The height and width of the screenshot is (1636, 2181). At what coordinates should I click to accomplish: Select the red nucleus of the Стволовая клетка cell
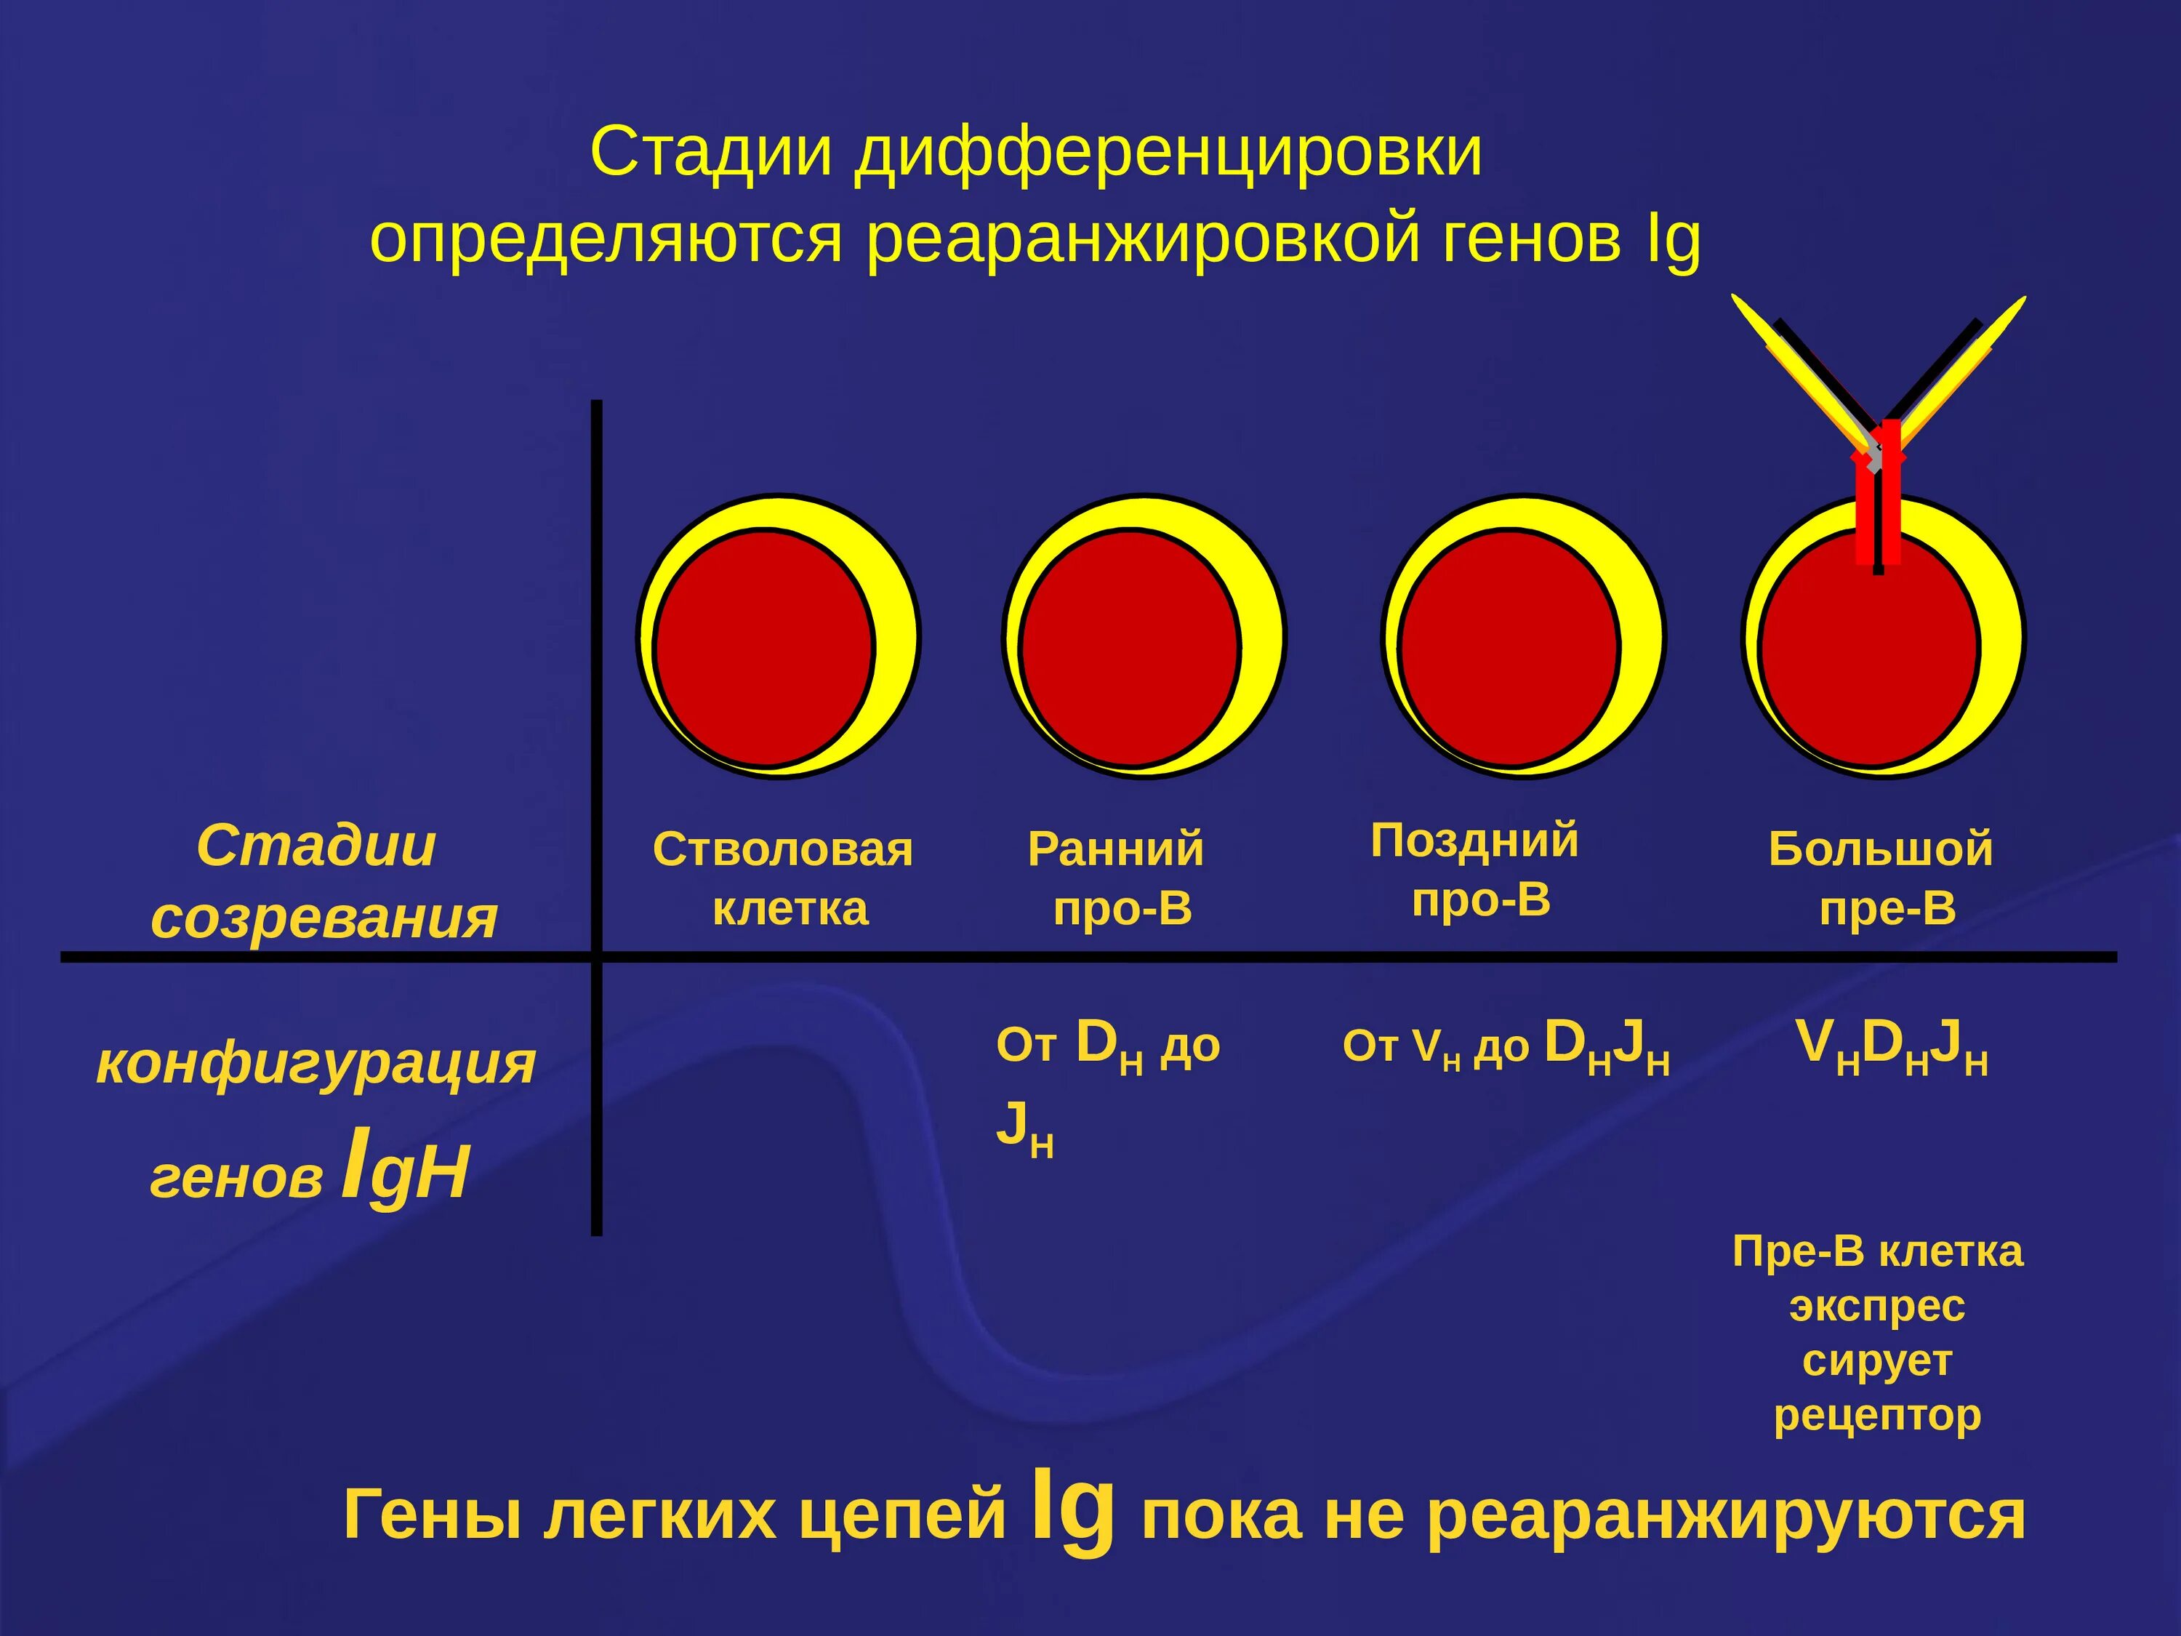pyautogui.click(x=763, y=649)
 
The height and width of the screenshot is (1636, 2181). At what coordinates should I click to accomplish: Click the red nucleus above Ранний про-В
pyautogui.click(x=1130, y=649)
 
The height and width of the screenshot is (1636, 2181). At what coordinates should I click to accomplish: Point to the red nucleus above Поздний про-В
pyautogui.click(x=1509, y=649)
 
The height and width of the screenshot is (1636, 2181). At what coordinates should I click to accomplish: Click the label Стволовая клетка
pyautogui.click(x=784, y=878)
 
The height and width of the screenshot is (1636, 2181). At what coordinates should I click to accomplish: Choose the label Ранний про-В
pyautogui.click(x=1117, y=878)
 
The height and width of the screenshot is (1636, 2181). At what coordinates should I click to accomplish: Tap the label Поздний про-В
pyautogui.click(x=1476, y=870)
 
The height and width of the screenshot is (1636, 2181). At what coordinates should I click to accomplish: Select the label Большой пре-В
pyautogui.click(x=1881, y=878)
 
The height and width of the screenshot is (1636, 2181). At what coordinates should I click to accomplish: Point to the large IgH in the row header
pyautogui.click(x=404, y=1171)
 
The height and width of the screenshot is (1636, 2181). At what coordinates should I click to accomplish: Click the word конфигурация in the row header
pyautogui.click(x=316, y=1063)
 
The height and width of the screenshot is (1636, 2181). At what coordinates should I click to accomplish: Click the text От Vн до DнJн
pyautogui.click(x=1506, y=1046)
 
